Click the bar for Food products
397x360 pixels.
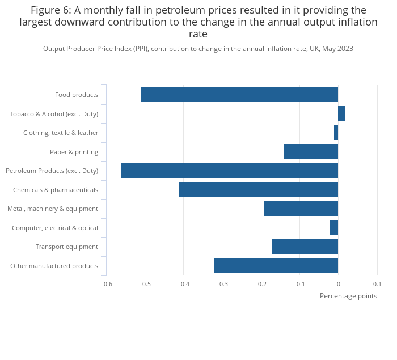[239, 95]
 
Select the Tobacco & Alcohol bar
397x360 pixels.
[341, 114]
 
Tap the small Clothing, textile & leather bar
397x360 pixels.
[336, 133]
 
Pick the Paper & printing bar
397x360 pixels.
[311, 152]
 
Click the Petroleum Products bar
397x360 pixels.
[229, 171]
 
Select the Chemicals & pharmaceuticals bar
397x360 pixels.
[258, 190]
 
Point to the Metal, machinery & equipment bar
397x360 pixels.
[301, 209]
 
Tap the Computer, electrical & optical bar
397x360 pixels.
[334, 228]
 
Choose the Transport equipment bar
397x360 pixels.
[305, 247]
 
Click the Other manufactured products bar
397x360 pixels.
[276, 266]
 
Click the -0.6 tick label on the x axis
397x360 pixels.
[107, 284]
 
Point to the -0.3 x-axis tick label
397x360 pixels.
[222, 284]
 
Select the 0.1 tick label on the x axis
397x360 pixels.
[377, 284]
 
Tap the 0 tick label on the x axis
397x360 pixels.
[338, 284]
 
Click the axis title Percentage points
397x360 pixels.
[348, 296]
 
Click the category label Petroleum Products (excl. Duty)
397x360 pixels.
[52, 171]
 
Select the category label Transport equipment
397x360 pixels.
[66, 247]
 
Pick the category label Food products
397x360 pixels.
[76, 95]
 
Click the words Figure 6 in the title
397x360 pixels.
[50, 10]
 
